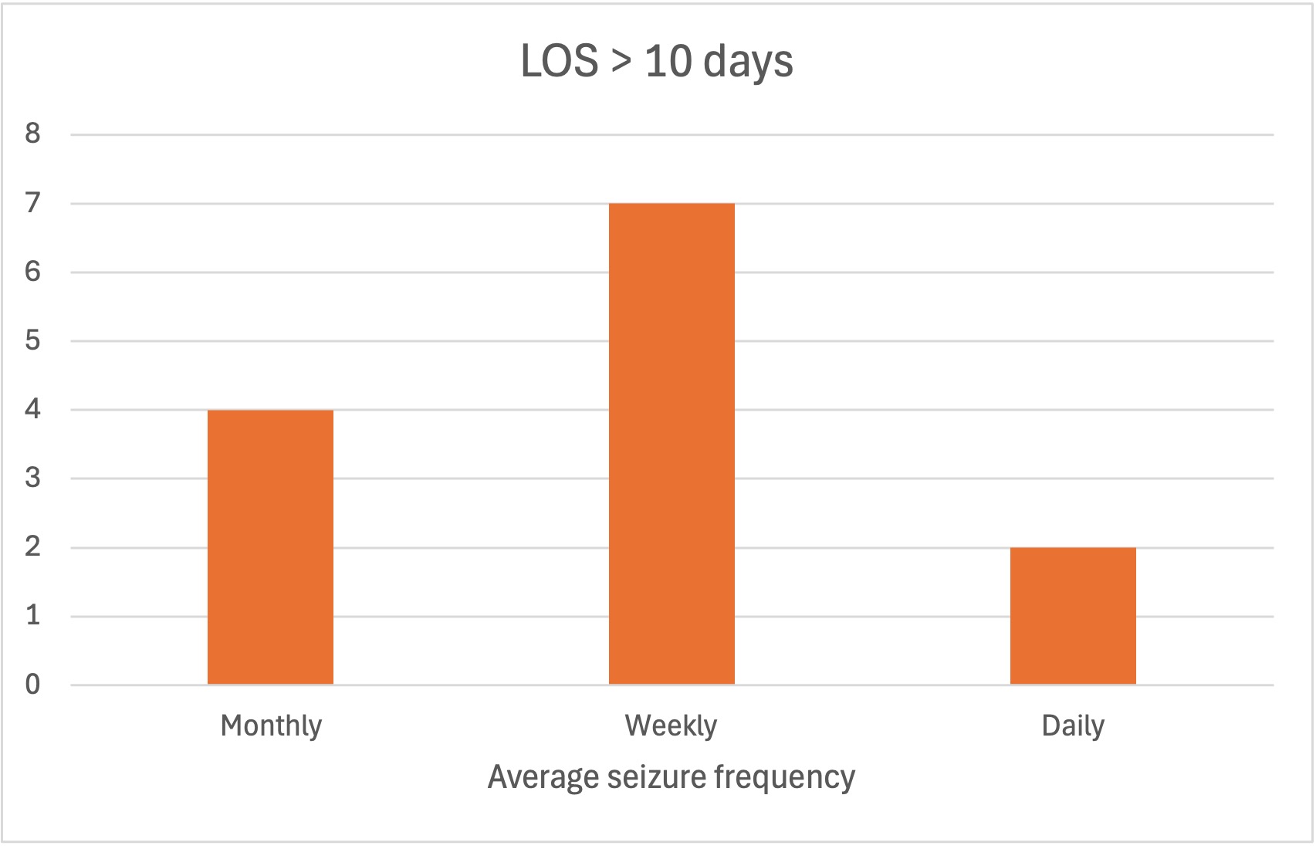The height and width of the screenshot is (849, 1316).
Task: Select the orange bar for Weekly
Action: [672, 444]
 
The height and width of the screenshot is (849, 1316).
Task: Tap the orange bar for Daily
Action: [1073, 615]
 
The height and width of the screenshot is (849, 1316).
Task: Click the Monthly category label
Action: [271, 726]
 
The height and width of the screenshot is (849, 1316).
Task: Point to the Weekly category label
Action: [671, 726]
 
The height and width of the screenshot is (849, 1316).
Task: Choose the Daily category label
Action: [1073, 726]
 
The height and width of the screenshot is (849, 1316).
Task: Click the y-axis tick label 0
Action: [32, 685]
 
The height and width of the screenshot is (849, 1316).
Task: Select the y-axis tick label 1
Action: [32, 616]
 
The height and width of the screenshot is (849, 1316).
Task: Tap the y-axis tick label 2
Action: [32, 547]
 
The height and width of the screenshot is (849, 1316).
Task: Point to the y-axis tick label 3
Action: [32, 479]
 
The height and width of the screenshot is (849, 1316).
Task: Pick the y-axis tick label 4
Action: [32, 409]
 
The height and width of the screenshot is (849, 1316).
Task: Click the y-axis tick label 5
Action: [32, 340]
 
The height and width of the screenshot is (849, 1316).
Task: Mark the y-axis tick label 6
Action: [32, 272]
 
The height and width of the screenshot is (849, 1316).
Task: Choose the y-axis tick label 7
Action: [32, 203]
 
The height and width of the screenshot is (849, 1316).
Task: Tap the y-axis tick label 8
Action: [32, 134]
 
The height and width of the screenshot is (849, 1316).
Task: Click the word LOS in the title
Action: [560, 61]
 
